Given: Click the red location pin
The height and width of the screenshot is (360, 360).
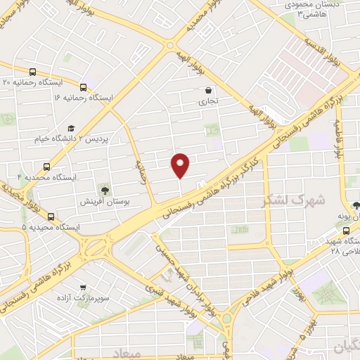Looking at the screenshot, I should (x=181, y=165).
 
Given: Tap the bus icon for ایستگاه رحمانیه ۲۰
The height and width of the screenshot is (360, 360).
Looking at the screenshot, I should (x=32, y=72).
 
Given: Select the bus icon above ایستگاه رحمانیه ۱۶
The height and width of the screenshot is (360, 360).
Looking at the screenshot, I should (x=84, y=88).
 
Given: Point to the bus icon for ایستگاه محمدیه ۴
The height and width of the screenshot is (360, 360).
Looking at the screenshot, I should (x=46, y=167).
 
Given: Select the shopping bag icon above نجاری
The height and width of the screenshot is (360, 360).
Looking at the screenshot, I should (x=208, y=90).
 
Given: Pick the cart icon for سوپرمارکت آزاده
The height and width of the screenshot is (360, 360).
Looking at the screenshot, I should (x=84, y=288).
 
